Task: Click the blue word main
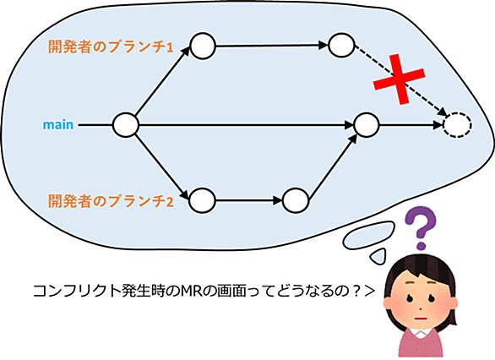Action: click(x=58, y=125)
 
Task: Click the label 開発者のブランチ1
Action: click(x=111, y=46)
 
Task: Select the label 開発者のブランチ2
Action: click(x=111, y=201)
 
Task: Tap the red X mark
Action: click(x=399, y=79)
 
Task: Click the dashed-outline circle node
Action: click(x=458, y=125)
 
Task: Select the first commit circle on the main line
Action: click(x=126, y=125)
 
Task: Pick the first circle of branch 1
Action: click(x=203, y=46)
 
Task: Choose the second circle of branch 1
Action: click(x=341, y=45)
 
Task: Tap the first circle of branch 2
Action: click(x=202, y=200)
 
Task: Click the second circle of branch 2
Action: click(x=296, y=200)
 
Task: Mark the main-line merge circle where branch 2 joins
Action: click(x=367, y=125)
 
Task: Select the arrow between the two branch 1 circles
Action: click(x=272, y=46)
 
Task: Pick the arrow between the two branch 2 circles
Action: click(x=248, y=200)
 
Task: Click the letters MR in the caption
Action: click(x=191, y=291)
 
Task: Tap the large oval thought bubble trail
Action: click(x=369, y=235)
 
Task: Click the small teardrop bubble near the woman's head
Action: click(x=378, y=256)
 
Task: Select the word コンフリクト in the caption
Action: click(x=77, y=291)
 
